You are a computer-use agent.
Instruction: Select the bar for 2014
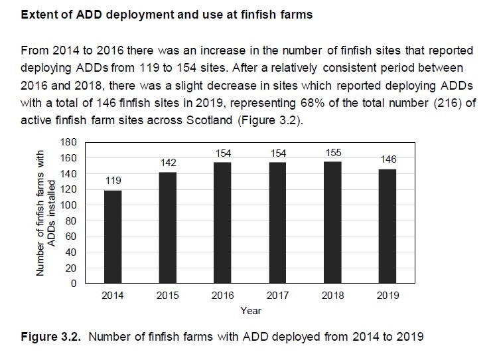(112, 237)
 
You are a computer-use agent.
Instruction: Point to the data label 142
(168, 163)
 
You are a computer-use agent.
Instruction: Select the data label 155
(333, 153)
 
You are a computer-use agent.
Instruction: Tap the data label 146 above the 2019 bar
(388, 160)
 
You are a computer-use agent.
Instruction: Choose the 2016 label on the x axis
(223, 296)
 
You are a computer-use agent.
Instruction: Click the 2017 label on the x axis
(278, 296)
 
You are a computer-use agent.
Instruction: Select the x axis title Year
(250, 310)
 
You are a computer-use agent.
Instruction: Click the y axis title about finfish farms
(46, 213)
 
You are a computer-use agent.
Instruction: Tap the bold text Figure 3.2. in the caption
(49, 337)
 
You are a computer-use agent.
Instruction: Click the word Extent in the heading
(38, 13)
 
